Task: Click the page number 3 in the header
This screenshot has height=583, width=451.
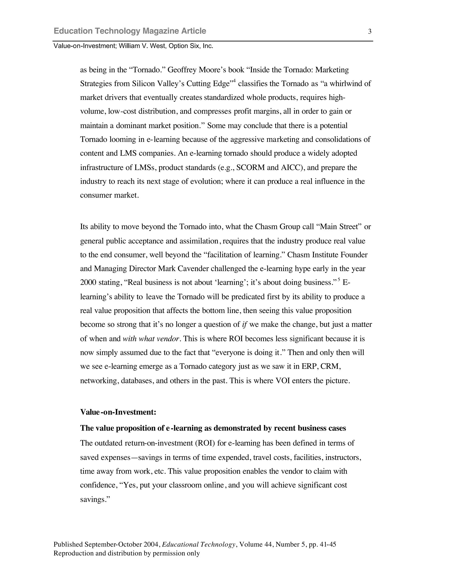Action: pyautogui.click(x=370, y=31)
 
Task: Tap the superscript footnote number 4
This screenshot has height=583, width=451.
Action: pyautogui.click(x=234, y=81)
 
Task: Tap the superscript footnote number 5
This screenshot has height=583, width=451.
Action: pyautogui.click(x=339, y=279)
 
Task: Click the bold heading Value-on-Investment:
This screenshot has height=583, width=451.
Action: pyautogui.click(x=118, y=412)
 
